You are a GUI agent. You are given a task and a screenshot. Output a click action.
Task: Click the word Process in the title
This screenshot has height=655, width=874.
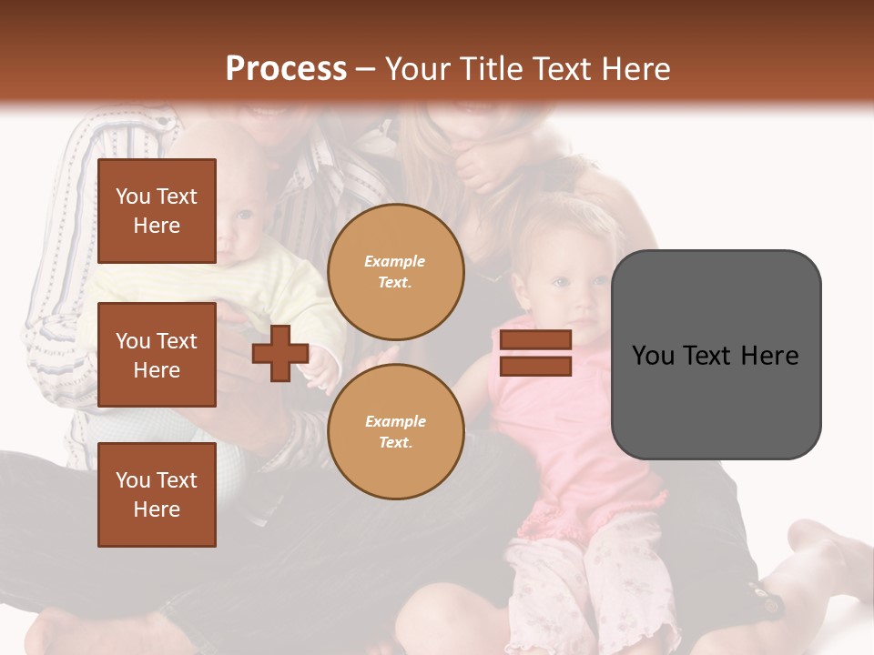[x=286, y=69]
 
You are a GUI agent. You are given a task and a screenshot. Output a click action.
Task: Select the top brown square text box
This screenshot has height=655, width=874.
[x=157, y=211]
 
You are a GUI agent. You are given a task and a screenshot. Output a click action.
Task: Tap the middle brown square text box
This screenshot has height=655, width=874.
[x=157, y=355]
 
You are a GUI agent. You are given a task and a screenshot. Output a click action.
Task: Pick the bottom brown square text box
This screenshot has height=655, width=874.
[x=157, y=494]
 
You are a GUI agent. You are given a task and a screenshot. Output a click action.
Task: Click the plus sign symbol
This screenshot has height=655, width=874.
[x=280, y=353]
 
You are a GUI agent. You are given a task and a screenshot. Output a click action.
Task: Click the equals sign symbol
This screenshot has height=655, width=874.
[x=535, y=353]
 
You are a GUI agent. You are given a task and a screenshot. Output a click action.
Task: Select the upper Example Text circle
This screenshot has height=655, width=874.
[x=395, y=272]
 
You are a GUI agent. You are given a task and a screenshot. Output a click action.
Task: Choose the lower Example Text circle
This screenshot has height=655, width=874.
[x=395, y=431]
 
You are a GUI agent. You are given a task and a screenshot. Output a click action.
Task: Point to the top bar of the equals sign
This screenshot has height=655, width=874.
[x=535, y=340]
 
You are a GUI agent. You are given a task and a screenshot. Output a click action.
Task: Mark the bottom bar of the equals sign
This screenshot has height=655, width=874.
[x=535, y=366]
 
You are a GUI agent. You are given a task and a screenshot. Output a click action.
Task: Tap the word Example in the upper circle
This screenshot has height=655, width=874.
[x=395, y=262]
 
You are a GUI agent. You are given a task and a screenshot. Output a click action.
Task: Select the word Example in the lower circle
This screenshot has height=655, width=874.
[x=395, y=421]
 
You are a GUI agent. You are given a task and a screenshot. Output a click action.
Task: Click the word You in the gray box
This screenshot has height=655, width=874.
[x=654, y=356]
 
